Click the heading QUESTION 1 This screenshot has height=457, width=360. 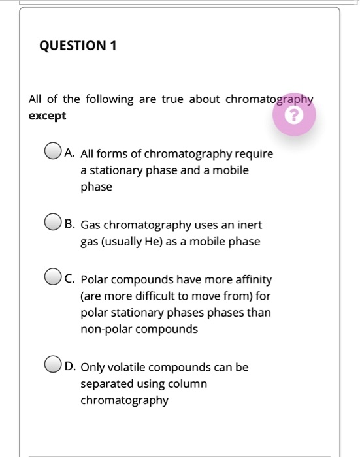[x=78, y=46]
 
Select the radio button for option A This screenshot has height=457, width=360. [x=53, y=153]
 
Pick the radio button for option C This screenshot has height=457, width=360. [x=53, y=278]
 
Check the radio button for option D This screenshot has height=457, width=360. [x=53, y=366]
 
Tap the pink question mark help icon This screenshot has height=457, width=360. [x=295, y=116]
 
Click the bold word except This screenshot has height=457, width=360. [x=47, y=116]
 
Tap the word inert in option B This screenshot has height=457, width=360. [x=249, y=225]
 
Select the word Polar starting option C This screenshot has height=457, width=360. [x=94, y=280]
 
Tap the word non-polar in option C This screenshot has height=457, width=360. [x=105, y=329]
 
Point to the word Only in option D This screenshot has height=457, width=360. [x=92, y=368]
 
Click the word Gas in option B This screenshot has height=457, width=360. [x=91, y=225]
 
